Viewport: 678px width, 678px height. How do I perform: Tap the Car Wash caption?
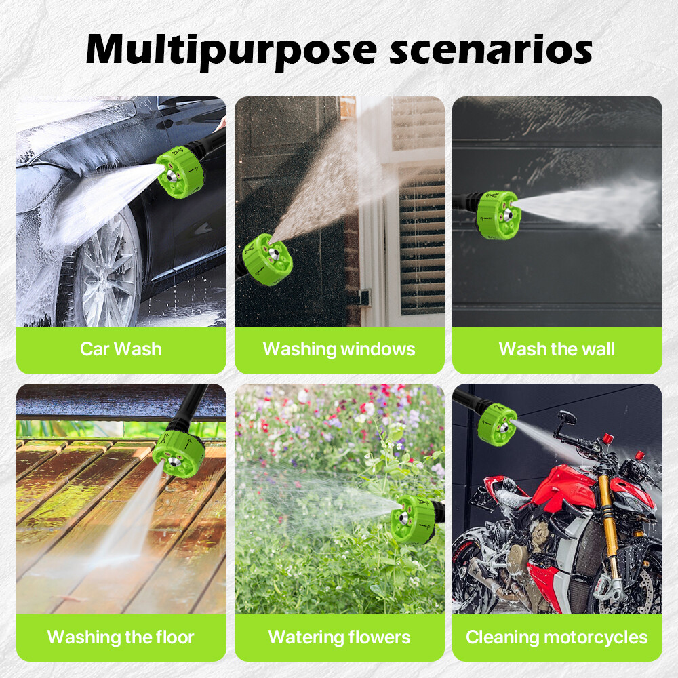coord(121,349)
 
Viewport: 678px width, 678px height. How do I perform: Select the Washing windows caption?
coord(339,349)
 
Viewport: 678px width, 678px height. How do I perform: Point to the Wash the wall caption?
coord(557,349)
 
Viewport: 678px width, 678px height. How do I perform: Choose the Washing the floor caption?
coord(121,637)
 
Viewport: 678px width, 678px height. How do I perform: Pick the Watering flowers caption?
coord(339,637)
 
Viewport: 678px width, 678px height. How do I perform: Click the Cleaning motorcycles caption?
coord(557,637)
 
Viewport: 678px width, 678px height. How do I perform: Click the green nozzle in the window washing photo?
coord(269,258)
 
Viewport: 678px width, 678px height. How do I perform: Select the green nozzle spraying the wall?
coord(498,214)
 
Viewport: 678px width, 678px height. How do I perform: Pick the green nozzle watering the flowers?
coord(413,518)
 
